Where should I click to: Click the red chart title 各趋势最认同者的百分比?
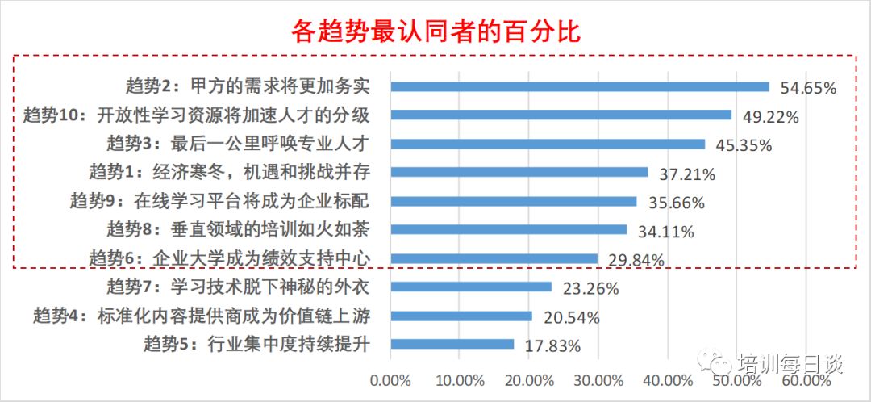[435, 31]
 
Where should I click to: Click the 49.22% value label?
[771, 117]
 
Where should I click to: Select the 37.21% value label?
[688, 174]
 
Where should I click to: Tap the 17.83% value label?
[553, 347]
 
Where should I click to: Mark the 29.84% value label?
[637, 260]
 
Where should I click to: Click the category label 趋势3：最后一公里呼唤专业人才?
[238, 144]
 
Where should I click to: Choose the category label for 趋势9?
[219, 201]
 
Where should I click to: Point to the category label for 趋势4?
[202, 316]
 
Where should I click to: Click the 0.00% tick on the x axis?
[390, 380]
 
